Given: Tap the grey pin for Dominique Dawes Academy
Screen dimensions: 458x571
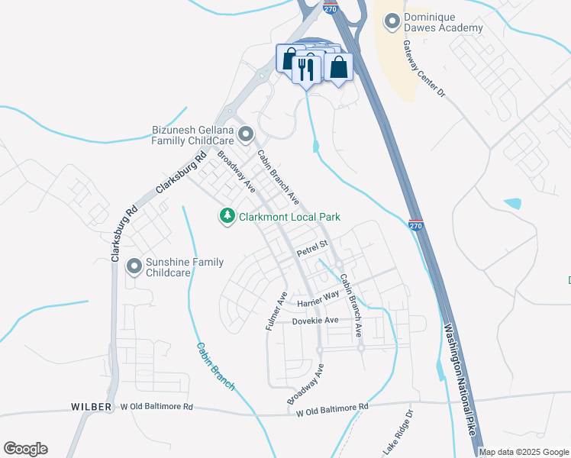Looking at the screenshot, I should pyautogui.click(x=392, y=22).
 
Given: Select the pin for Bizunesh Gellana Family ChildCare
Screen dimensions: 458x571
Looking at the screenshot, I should pyautogui.click(x=245, y=136).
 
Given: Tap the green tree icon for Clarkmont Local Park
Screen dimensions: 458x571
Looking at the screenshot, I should pyautogui.click(x=227, y=217).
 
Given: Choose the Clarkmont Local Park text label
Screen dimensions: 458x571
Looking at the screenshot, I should pyautogui.click(x=289, y=217).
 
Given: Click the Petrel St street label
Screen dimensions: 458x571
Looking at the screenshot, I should pyautogui.click(x=311, y=247).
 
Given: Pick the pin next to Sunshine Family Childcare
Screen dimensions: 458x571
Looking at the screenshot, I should pyautogui.click(x=134, y=266).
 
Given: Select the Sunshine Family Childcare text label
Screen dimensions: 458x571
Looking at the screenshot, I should pyautogui.click(x=185, y=267).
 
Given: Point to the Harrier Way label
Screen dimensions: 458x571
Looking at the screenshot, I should pyautogui.click(x=318, y=298).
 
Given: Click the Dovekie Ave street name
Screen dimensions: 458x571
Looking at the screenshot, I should pyautogui.click(x=315, y=321).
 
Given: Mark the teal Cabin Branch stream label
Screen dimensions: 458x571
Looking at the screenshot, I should pyautogui.click(x=215, y=366).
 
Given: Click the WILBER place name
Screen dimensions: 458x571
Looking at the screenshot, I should pyautogui.click(x=92, y=406).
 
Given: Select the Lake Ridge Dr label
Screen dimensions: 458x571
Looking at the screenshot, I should pyautogui.click(x=398, y=434).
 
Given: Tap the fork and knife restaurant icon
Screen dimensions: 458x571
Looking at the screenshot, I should pyautogui.click(x=307, y=69).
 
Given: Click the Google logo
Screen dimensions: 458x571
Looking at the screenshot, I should pyautogui.click(x=25, y=449).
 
